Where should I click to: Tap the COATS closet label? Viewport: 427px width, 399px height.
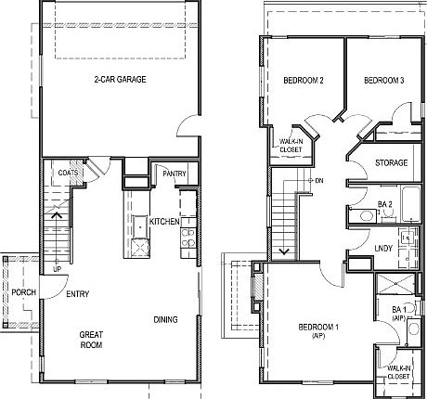67,173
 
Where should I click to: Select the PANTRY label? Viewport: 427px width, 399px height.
175,174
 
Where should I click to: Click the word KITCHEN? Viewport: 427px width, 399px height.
164,222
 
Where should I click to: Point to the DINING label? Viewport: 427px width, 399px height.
166,320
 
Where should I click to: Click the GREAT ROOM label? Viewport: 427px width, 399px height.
89,340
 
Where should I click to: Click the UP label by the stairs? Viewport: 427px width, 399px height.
57,269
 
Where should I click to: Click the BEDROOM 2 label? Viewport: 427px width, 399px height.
303,81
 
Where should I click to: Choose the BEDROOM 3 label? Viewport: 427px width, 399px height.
383,81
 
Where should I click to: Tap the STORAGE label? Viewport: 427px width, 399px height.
392,163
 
